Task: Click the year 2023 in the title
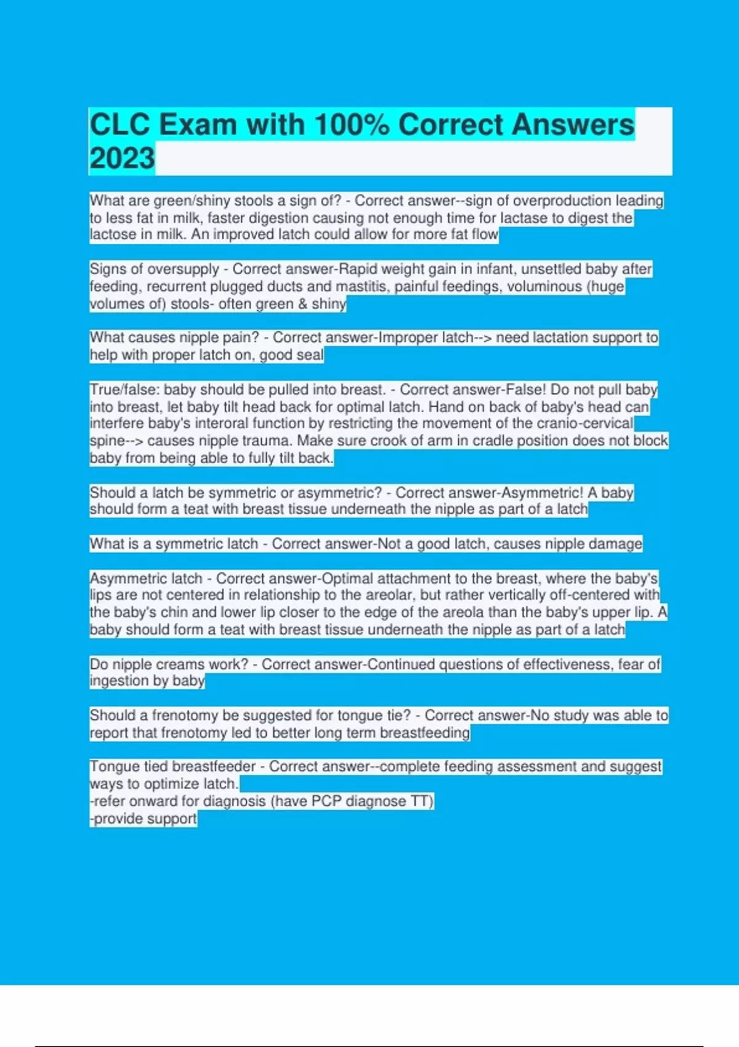pos(122,158)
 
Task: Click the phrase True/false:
pos(124,390)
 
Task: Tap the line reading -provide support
pos(143,819)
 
